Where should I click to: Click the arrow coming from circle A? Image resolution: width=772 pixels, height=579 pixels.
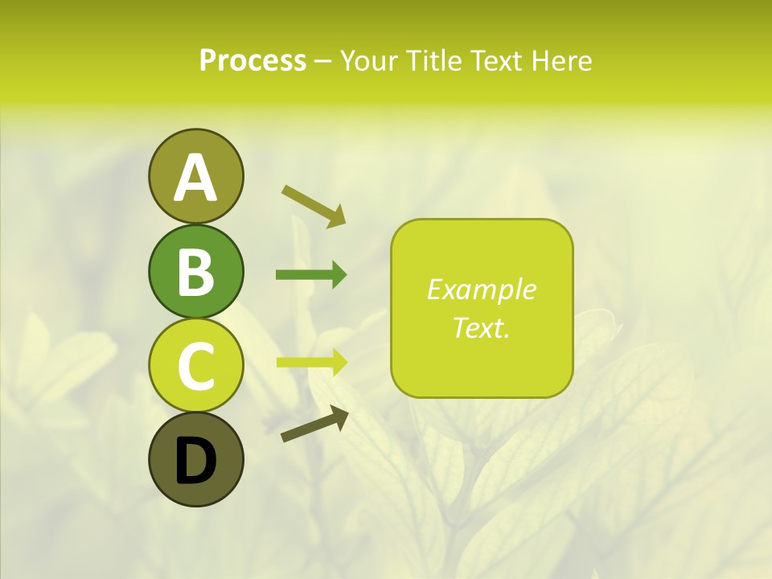(314, 204)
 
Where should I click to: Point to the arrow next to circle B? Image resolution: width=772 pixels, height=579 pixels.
(311, 275)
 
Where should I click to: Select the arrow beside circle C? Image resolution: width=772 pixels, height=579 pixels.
(311, 362)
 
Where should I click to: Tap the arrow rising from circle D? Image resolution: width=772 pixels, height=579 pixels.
(314, 425)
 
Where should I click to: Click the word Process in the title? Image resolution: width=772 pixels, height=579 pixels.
(253, 60)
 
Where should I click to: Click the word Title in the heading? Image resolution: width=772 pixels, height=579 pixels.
(438, 60)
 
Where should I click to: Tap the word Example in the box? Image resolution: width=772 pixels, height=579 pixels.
(481, 289)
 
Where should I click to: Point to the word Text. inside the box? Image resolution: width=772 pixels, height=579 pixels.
(481, 327)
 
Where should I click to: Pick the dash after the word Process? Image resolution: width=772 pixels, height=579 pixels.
(322, 61)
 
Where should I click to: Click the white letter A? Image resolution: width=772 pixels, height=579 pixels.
(195, 178)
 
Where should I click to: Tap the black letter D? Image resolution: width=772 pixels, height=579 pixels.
(195, 461)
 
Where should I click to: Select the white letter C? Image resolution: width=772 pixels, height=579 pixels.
(195, 367)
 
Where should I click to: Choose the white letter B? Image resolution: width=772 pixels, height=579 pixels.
(195, 272)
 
